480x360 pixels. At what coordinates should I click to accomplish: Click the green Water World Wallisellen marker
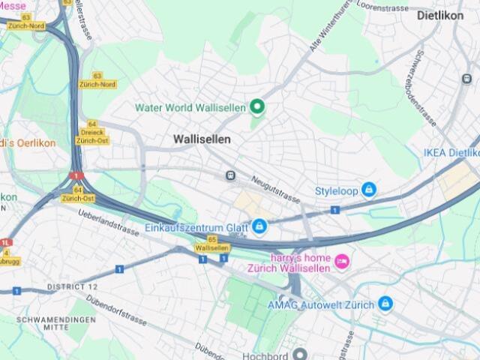point(257,108)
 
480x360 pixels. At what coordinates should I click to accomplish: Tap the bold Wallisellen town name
point(202,139)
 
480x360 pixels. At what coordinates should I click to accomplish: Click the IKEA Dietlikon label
point(451,152)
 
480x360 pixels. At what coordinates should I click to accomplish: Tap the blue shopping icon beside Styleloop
point(368,190)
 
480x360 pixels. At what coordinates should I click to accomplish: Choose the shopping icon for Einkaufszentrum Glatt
point(259,226)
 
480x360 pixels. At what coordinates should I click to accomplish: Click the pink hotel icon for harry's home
point(343,261)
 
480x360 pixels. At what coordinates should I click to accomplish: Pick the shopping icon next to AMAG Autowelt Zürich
point(385,304)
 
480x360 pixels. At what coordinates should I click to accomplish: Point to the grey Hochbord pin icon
point(300,353)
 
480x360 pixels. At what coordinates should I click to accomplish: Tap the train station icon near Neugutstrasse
point(230,175)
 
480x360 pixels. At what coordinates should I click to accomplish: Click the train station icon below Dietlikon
point(466,79)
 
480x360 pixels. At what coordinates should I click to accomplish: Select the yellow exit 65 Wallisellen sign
point(211,244)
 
